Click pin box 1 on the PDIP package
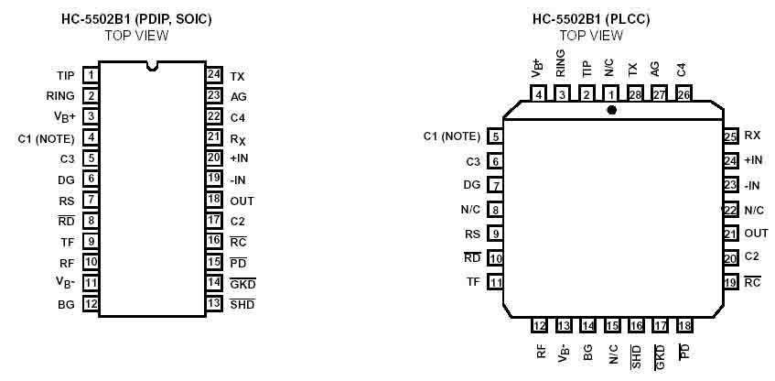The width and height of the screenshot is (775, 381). click(x=91, y=75)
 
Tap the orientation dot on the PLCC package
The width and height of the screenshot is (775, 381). click(x=611, y=110)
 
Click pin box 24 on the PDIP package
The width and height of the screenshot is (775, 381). click(x=214, y=75)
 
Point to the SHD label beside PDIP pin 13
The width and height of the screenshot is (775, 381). click(x=242, y=303)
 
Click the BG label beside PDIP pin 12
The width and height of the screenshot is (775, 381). click(x=66, y=303)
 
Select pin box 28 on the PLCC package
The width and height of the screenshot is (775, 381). click(x=634, y=93)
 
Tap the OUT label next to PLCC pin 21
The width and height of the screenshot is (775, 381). click(x=756, y=234)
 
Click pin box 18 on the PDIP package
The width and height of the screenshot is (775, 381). click(x=214, y=200)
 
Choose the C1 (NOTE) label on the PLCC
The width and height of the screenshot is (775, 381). click(x=452, y=136)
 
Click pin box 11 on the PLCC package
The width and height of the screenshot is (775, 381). click(x=496, y=282)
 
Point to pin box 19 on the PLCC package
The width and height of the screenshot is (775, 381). click(x=730, y=282)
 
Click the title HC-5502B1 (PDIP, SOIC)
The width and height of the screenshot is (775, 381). click(x=136, y=18)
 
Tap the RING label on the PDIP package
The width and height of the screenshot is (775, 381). click(x=60, y=95)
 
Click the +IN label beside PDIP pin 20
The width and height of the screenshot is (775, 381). click(x=241, y=158)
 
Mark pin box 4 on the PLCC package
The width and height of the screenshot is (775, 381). click(x=539, y=93)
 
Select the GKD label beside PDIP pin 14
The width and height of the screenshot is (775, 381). click(x=242, y=283)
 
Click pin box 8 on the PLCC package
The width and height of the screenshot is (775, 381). click(x=496, y=210)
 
